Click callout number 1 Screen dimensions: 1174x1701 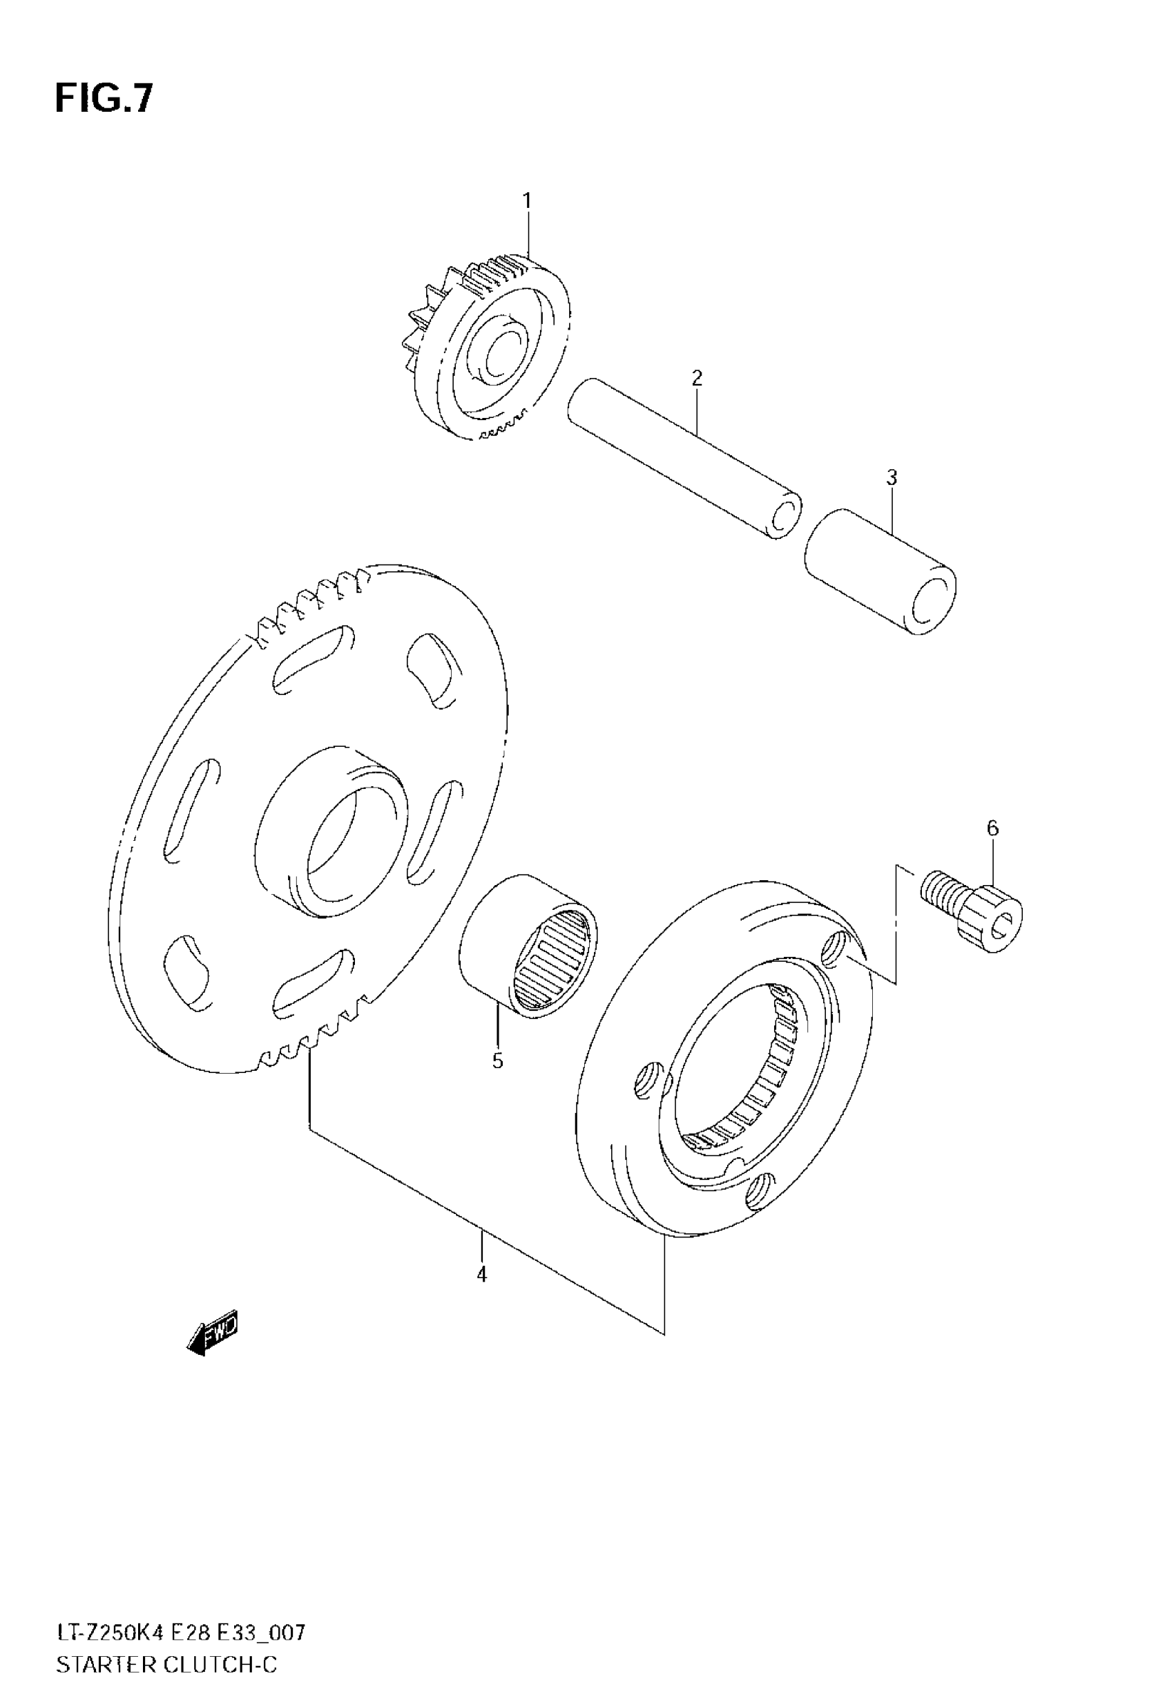pos(527,200)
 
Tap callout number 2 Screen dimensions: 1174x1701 pos(697,378)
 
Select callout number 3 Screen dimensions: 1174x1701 pos(892,477)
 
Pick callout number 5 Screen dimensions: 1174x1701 pos(497,1061)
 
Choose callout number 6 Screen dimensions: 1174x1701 pos(992,828)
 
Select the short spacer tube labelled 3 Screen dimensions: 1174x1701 pos(880,571)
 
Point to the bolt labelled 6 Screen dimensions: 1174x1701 pos(971,909)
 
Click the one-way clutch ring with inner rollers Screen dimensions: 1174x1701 pos(724,1060)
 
